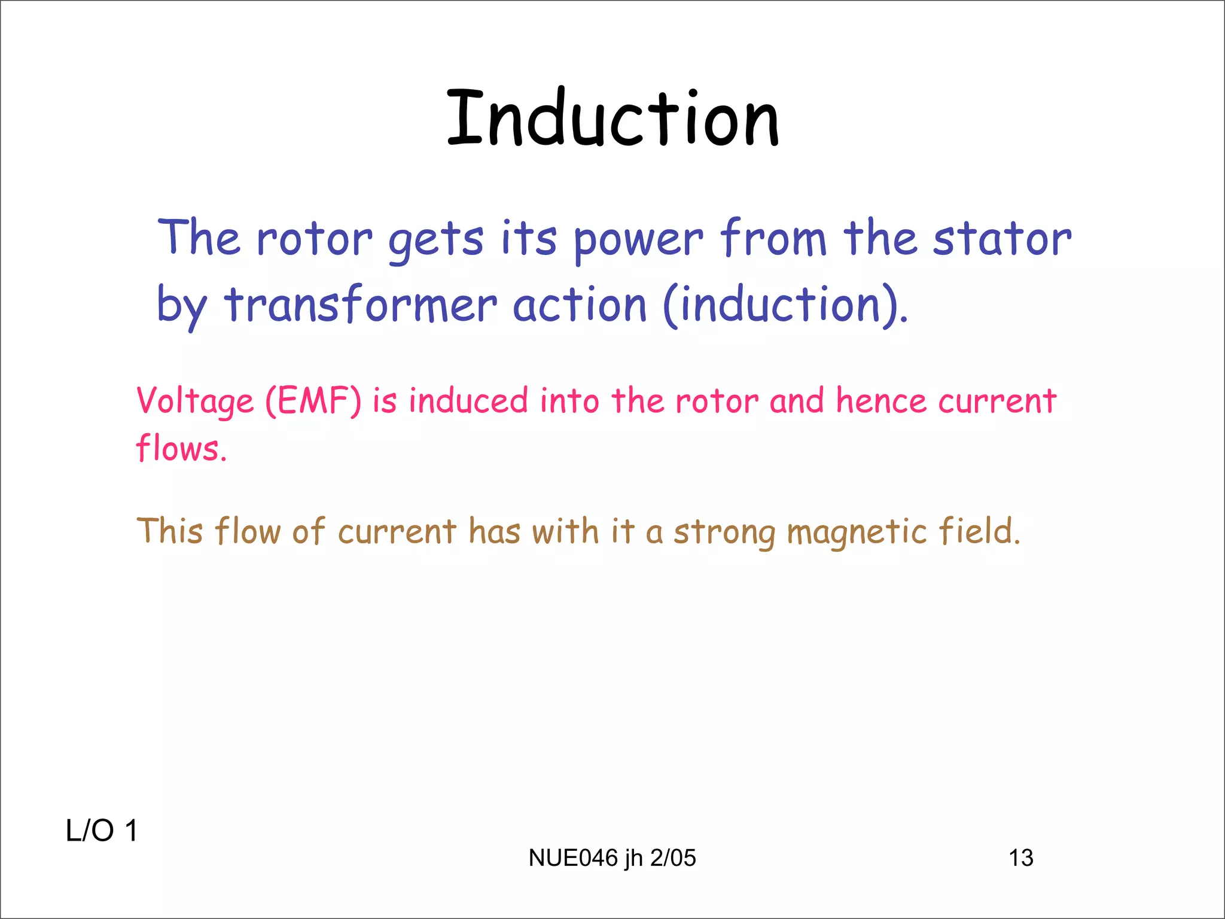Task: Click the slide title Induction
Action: (612, 118)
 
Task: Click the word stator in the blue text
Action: (1002, 239)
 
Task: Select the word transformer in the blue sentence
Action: (361, 305)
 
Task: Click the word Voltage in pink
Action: (196, 401)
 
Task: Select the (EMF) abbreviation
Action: (313, 401)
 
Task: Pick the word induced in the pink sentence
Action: (468, 400)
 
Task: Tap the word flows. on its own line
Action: (181, 448)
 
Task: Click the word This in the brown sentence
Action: (170, 531)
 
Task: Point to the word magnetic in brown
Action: (857, 532)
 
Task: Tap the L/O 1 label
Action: (102, 831)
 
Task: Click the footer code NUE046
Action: (573, 858)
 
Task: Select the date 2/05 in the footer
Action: (673, 858)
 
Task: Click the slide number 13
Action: (1021, 858)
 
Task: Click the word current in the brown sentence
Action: (397, 531)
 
